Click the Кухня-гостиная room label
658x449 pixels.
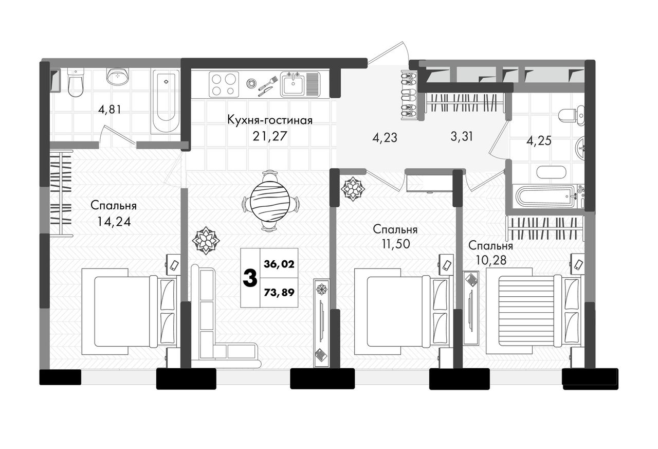pyautogui.click(x=270, y=120)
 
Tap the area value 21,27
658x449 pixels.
pyautogui.click(x=270, y=136)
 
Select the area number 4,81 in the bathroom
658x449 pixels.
pyautogui.click(x=109, y=110)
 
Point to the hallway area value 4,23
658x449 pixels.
pyautogui.click(x=385, y=137)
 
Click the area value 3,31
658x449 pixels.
pyautogui.click(x=462, y=136)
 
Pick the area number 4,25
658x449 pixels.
pyautogui.click(x=539, y=141)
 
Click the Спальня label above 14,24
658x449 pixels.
pyautogui.click(x=114, y=206)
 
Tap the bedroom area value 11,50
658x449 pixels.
pyautogui.click(x=396, y=244)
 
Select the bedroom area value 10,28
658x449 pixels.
pyautogui.click(x=491, y=260)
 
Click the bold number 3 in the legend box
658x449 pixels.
pyautogui.click(x=250, y=279)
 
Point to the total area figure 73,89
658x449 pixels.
pyautogui.click(x=279, y=292)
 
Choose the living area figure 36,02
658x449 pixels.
pyautogui.click(x=279, y=264)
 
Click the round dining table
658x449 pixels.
pyautogui.click(x=270, y=201)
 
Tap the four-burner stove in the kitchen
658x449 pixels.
pyautogui.click(x=224, y=84)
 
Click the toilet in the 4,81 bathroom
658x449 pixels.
pyautogui.click(x=75, y=83)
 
